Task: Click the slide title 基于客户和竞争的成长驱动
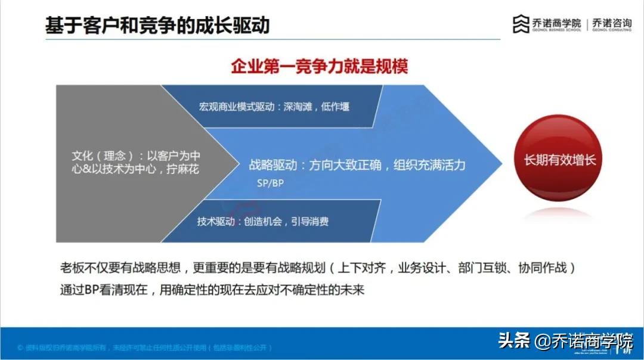tap(157, 25)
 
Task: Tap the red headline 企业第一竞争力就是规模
tap(319, 66)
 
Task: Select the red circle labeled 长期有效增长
tap(559, 160)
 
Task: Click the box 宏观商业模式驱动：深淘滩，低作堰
tap(274, 107)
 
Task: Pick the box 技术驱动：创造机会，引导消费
tap(263, 221)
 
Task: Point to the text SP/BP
tap(270, 183)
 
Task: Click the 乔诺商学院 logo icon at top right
tap(521, 24)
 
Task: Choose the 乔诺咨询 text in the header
tap(612, 22)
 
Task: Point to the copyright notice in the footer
tap(145, 347)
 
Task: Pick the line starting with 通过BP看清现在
tap(212, 290)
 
